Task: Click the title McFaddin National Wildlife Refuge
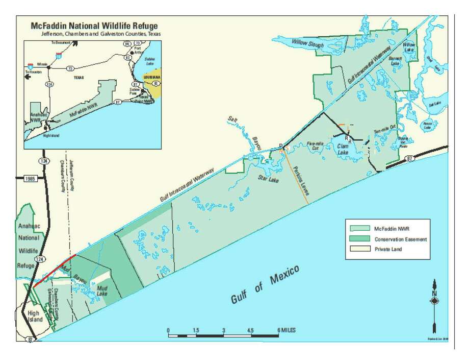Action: tap(95, 26)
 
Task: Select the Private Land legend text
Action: tap(388, 249)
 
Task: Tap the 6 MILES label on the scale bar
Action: tap(286, 330)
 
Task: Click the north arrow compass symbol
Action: tap(434, 301)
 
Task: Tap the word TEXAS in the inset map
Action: tap(79, 78)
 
